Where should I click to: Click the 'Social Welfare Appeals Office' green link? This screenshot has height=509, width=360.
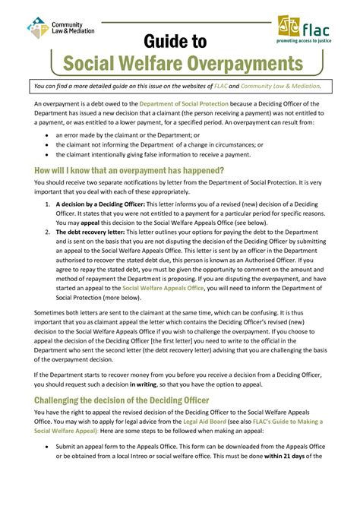[x=163, y=288]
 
